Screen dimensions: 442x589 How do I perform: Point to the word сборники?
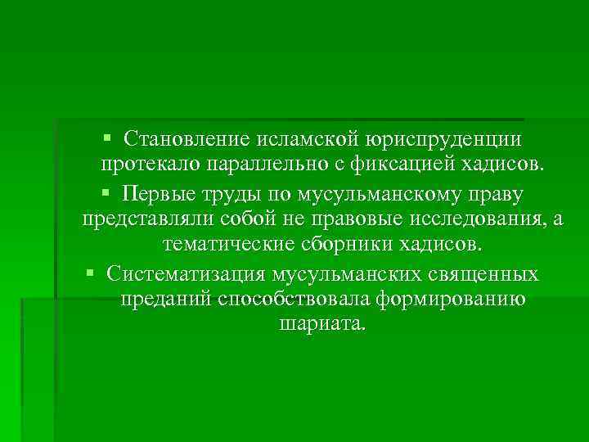[355, 246]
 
